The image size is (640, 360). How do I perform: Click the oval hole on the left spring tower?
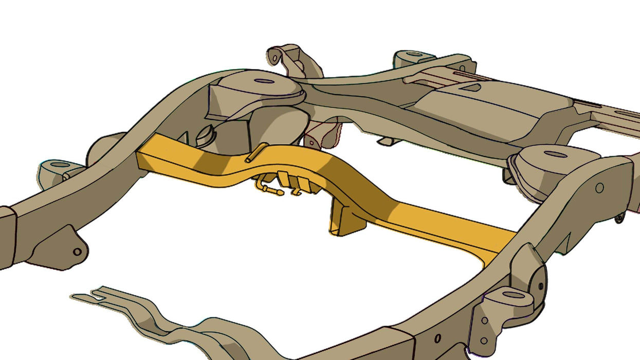264,81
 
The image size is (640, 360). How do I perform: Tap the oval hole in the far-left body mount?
60,165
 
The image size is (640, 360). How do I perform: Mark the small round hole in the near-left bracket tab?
77,251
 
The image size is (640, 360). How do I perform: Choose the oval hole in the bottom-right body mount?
513,295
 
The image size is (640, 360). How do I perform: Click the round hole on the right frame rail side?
599,188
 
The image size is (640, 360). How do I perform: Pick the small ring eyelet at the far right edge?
619,218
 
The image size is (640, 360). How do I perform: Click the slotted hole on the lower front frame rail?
437,338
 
